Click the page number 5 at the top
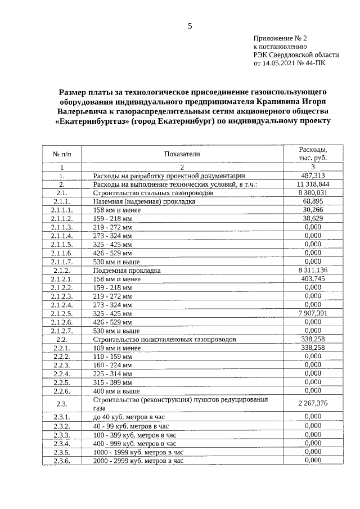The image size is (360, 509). tap(190, 26)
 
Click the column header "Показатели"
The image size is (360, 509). tap(182, 154)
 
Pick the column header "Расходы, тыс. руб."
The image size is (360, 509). tap(312, 154)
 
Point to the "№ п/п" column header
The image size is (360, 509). tap(62, 154)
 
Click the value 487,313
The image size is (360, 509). tap(312, 175)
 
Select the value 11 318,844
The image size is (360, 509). tap(312, 184)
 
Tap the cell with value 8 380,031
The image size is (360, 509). tap(312, 192)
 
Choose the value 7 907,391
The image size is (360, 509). tap(312, 313)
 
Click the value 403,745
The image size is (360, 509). tap(312, 278)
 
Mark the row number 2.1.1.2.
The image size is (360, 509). tap(62, 218)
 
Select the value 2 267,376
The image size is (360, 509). tap(312, 403)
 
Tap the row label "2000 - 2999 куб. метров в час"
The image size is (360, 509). tap(138, 461)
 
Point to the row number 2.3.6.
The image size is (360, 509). tap(62, 461)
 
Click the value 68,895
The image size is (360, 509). tap(312, 201)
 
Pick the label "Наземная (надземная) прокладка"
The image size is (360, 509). tap(144, 201)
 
